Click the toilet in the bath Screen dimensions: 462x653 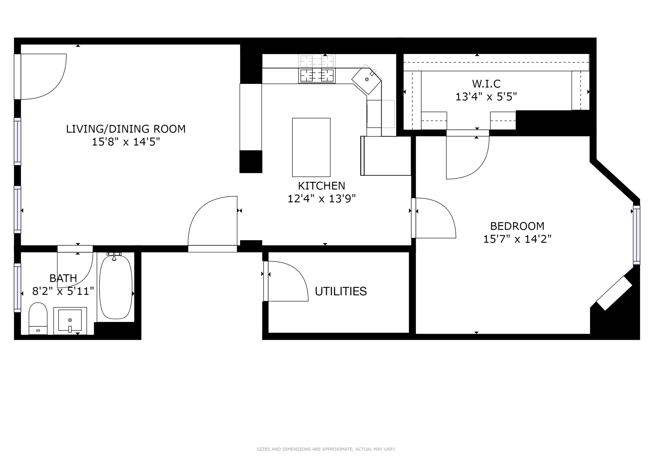(38, 318)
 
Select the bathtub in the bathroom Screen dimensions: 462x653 (116, 287)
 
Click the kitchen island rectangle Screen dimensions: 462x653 (311, 147)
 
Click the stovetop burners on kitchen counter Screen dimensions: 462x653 (317, 76)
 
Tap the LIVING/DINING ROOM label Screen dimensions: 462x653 (126, 129)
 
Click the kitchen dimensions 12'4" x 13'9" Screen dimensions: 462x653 (321, 199)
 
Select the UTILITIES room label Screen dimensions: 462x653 (341, 291)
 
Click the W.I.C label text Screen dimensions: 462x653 (486, 84)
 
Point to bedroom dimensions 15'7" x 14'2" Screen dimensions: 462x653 (517, 239)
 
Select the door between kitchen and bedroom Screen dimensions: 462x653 (434, 218)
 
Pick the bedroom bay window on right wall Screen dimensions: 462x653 (636, 235)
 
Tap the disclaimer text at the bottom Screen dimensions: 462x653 (326, 449)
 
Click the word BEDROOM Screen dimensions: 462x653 (517, 226)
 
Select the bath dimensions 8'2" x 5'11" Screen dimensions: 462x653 (63, 291)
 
